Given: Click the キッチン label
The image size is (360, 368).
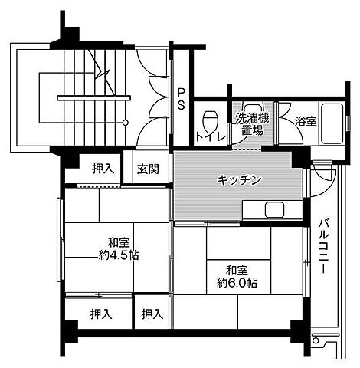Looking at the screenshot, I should coord(240,180).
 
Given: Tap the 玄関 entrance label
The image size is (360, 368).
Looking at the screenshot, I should coord(148,169).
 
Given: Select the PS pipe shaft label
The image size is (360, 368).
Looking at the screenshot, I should coord(181,100).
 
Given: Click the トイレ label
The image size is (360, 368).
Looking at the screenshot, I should coord(209,136).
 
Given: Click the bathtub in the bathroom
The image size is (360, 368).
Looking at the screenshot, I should coord(332,123).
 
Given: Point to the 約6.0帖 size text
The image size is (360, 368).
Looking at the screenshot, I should coord(236,283).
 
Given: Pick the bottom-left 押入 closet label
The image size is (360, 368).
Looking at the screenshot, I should coord(100,313).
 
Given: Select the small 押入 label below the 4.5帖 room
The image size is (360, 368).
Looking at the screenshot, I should coord(152,313).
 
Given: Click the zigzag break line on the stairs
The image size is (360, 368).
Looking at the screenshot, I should coord(100,67).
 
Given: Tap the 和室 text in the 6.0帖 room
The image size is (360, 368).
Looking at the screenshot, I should coord(236,269).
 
